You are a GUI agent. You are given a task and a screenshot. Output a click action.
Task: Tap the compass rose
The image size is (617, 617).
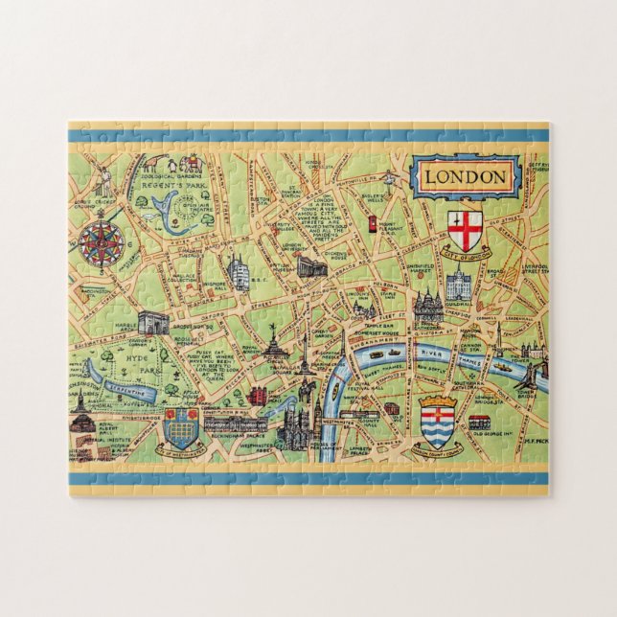[x=100, y=241]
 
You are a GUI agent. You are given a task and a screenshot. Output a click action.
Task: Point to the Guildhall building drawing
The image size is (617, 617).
[x=458, y=285]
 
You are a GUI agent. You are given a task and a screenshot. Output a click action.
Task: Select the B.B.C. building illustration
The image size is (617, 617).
[x=240, y=273]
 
